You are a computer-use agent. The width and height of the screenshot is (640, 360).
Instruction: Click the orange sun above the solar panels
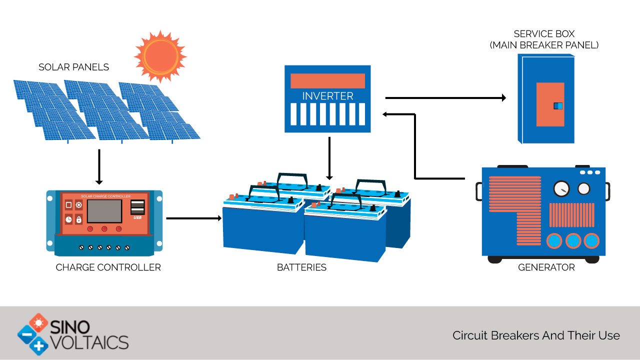[160, 55]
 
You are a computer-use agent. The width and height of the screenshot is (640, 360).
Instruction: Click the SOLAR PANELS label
[73, 67]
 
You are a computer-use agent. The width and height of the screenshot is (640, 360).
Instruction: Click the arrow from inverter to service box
[445, 98]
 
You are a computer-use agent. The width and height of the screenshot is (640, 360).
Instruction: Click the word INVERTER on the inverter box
[327, 96]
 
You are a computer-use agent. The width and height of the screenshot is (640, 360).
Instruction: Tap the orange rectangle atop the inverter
[327, 80]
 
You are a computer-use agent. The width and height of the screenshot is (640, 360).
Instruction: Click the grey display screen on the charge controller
[104, 211]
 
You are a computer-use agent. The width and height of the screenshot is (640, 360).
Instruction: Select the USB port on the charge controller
[138, 207]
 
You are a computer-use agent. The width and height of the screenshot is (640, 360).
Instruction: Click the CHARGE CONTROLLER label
[108, 267]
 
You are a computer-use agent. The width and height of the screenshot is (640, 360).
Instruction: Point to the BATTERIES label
[301, 267]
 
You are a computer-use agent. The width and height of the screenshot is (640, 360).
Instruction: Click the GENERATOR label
[546, 267]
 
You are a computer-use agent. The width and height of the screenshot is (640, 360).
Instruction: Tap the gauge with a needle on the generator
[561, 188]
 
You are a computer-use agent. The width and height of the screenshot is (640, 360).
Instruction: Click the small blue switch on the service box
[558, 105]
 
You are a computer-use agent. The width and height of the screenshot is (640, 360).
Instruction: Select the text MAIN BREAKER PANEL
[544, 45]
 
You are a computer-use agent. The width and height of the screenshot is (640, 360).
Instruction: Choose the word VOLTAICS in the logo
[89, 342]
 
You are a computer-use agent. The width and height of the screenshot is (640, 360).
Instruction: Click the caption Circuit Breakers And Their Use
[536, 335]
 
